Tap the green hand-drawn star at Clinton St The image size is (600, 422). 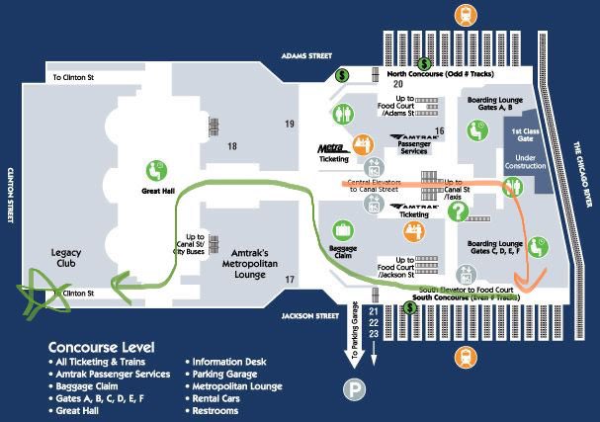pos(41,293)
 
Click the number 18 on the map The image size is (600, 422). pos(231,146)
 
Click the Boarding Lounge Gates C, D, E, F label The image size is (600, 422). pos(495,247)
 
